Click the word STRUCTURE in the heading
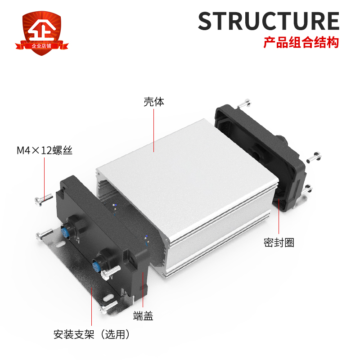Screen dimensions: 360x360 click(x=269, y=21)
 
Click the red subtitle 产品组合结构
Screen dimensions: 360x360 click(x=301, y=44)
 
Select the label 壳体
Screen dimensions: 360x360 click(x=154, y=102)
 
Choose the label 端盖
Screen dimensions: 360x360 click(x=144, y=316)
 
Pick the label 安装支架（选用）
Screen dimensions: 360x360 click(x=92, y=335)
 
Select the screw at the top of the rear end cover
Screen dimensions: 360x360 click(x=246, y=103)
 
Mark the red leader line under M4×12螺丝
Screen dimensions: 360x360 click(x=45, y=175)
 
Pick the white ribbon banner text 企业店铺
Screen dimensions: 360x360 click(x=44, y=46)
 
